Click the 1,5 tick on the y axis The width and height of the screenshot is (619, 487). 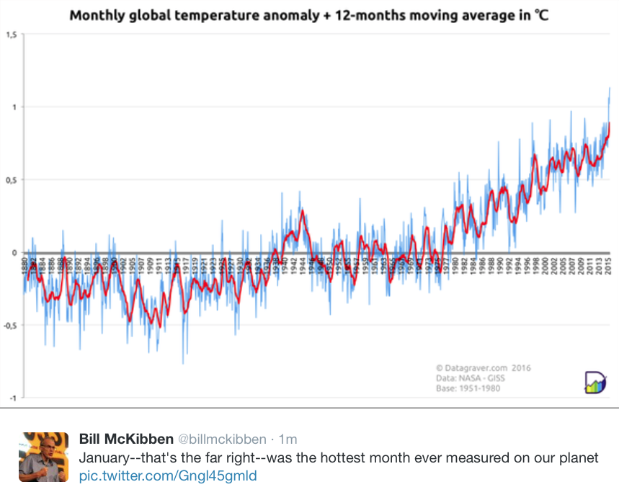12,34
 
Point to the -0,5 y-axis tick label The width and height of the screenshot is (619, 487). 11,325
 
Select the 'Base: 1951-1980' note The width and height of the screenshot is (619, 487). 468,389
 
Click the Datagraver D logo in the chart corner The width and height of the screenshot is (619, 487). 594,382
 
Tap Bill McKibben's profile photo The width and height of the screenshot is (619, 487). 43,457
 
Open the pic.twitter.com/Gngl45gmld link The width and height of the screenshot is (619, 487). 167,475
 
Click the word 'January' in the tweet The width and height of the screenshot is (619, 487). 105,458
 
